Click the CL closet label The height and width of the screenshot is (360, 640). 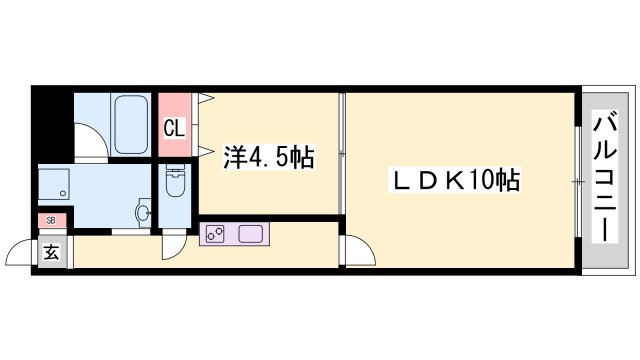point(173,127)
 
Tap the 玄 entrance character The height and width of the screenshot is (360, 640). point(50,252)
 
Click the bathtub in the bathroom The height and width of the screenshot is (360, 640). point(132,123)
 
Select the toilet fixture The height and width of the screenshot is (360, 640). point(174,183)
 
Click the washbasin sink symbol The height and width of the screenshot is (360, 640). point(142,212)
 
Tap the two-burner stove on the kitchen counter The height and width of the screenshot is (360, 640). point(215,236)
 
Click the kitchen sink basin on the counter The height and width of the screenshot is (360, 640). point(249,236)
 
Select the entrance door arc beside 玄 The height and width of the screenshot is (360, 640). point(22,252)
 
